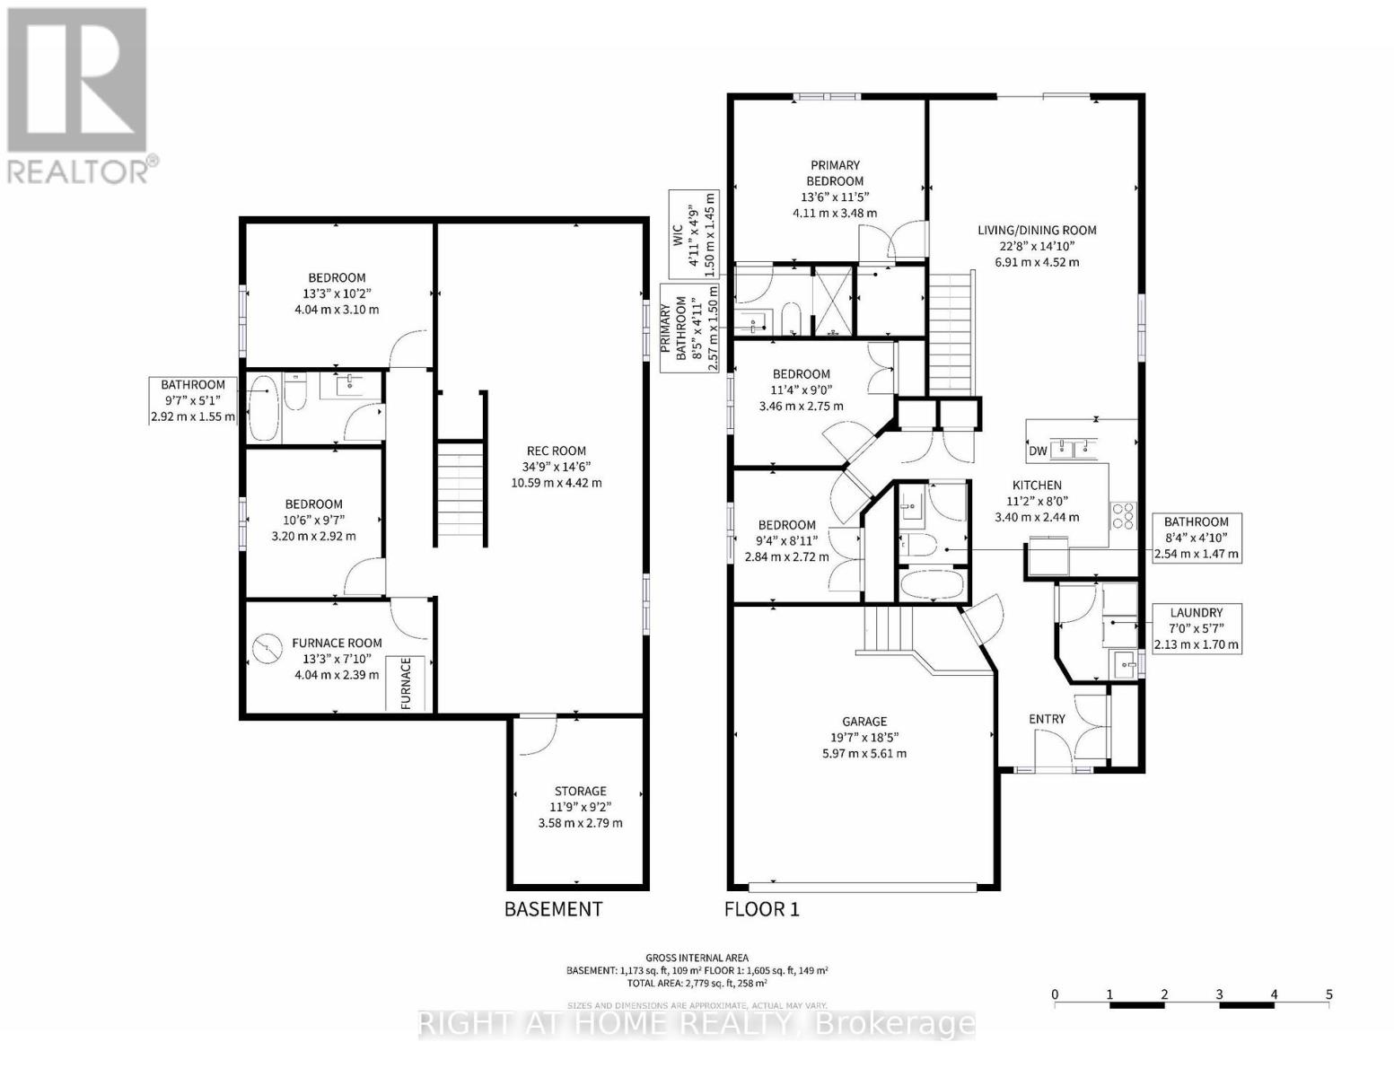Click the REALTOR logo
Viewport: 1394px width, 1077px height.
78,94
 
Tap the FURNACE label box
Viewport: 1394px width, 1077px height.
406,683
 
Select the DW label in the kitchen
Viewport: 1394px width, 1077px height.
1038,451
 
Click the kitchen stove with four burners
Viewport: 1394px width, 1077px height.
1122,515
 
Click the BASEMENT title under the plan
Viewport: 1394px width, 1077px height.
553,908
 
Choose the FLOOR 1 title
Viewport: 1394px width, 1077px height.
761,908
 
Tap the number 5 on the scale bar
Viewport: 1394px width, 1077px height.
1328,994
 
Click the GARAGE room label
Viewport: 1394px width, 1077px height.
864,721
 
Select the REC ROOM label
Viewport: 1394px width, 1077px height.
557,451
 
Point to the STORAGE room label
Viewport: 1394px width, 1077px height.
580,791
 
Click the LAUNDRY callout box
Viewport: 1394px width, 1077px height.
1197,628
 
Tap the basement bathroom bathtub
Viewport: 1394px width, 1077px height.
264,408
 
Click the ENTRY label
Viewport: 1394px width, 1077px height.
1047,719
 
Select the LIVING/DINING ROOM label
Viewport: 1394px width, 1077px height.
1037,230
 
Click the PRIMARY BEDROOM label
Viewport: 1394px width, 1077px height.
835,172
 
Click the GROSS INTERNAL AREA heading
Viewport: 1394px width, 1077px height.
696,958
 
